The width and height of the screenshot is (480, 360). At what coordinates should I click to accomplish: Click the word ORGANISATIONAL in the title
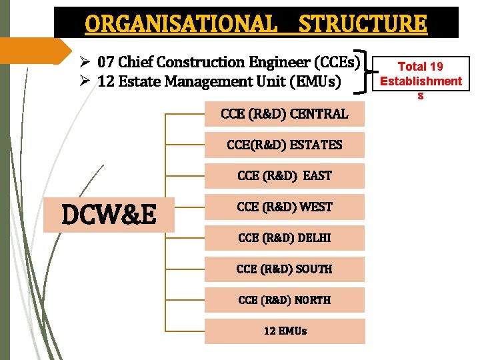(181, 24)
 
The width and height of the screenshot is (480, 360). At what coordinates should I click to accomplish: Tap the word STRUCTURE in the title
(363, 24)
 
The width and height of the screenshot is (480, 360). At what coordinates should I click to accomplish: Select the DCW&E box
(109, 215)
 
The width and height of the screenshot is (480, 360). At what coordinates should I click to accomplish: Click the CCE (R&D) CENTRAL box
(285, 114)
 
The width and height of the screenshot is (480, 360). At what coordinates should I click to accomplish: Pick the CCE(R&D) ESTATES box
(285, 145)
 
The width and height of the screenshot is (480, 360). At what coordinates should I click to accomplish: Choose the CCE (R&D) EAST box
(285, 176)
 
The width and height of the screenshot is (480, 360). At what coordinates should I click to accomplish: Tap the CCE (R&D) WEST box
(285, 207)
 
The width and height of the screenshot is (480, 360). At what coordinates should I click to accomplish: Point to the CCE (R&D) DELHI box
(285, 238)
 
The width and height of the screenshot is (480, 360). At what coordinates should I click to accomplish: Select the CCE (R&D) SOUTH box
(285, 269)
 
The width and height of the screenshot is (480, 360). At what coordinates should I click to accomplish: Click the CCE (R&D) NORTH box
(285, 300)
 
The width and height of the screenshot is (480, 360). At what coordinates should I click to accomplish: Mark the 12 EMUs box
(285, 331)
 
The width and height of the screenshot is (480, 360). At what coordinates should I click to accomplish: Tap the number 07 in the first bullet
(105, 63)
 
